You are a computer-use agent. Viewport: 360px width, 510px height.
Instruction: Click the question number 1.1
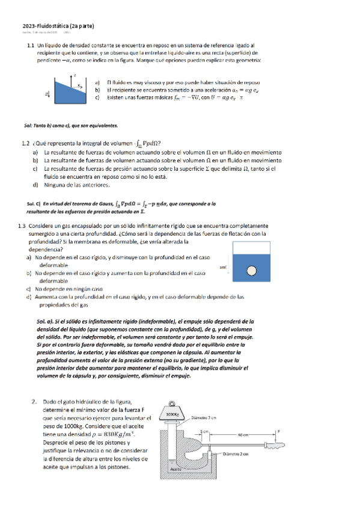click(30, 46)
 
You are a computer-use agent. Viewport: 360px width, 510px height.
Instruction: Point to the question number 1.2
click(25, 143)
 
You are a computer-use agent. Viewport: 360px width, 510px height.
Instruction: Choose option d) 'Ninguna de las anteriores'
click(36, 185)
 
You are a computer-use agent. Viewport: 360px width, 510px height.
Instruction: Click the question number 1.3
click(22, 226)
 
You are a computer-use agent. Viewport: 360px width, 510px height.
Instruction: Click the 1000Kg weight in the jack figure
click(173, 413)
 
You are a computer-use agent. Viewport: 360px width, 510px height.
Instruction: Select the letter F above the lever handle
click(278, 431)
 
